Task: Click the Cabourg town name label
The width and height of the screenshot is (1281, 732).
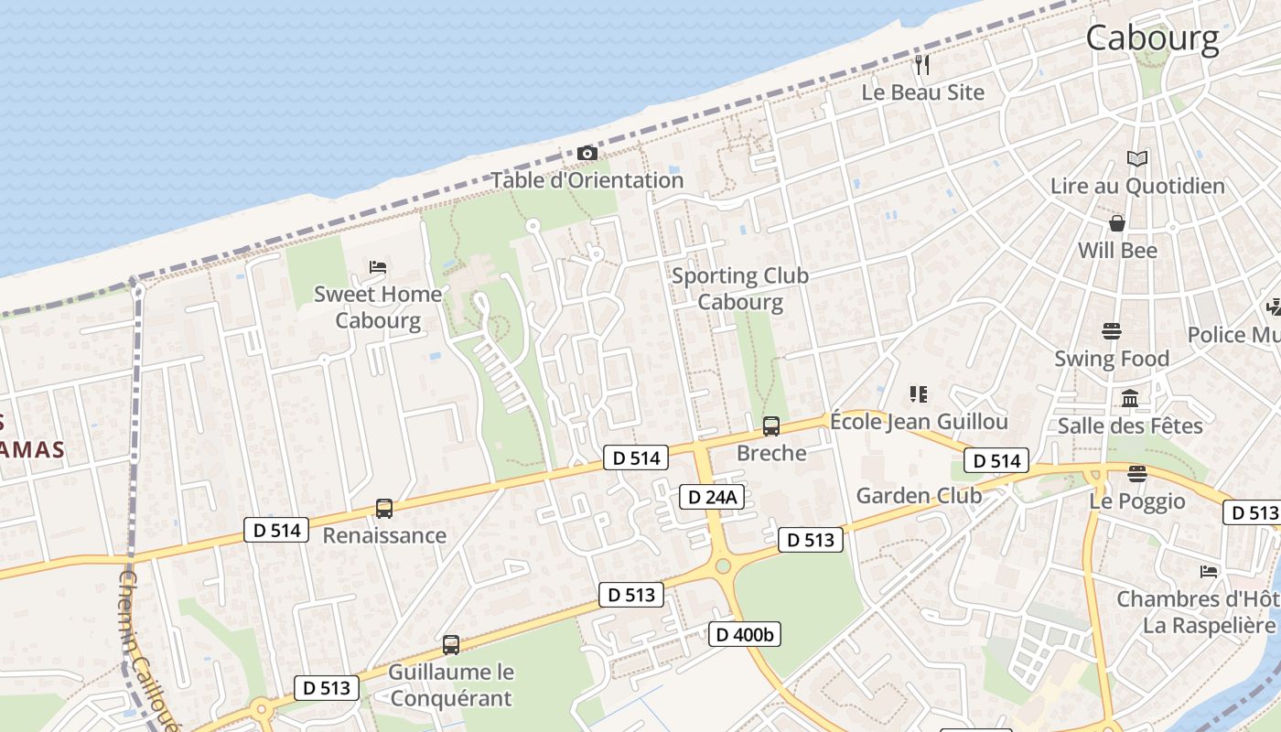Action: [1152, 38]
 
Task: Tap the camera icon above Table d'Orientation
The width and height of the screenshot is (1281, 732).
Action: [587, 154]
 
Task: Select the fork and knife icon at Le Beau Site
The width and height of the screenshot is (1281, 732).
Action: [922, 65]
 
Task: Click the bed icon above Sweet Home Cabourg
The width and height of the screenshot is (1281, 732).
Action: [378, 267]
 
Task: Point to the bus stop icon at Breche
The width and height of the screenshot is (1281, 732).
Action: [771, 426]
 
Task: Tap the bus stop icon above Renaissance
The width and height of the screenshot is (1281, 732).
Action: [384, 509]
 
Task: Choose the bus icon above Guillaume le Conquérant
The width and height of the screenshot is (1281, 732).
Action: [450, 645]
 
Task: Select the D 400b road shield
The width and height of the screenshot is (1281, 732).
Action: [745, 633]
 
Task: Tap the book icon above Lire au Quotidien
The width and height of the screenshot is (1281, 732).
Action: [1136, 159]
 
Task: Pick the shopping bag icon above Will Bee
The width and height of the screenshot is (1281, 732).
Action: [1117, 223]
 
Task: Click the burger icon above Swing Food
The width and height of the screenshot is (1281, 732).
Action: [1112, 330]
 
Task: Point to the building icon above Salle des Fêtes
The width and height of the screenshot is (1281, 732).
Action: [1130, 399]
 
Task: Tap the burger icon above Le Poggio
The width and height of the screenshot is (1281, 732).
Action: [1137, 474]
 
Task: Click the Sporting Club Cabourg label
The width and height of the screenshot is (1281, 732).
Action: [740, 288]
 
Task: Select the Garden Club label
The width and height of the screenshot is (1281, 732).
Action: [919, 496]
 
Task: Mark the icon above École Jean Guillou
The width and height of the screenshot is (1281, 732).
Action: [919, 394]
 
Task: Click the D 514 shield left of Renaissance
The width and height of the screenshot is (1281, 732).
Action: [276, 530]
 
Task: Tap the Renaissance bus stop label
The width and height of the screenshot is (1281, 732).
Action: [384, 535]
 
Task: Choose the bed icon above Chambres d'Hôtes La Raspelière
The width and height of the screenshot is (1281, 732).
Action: [1209, 572]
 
